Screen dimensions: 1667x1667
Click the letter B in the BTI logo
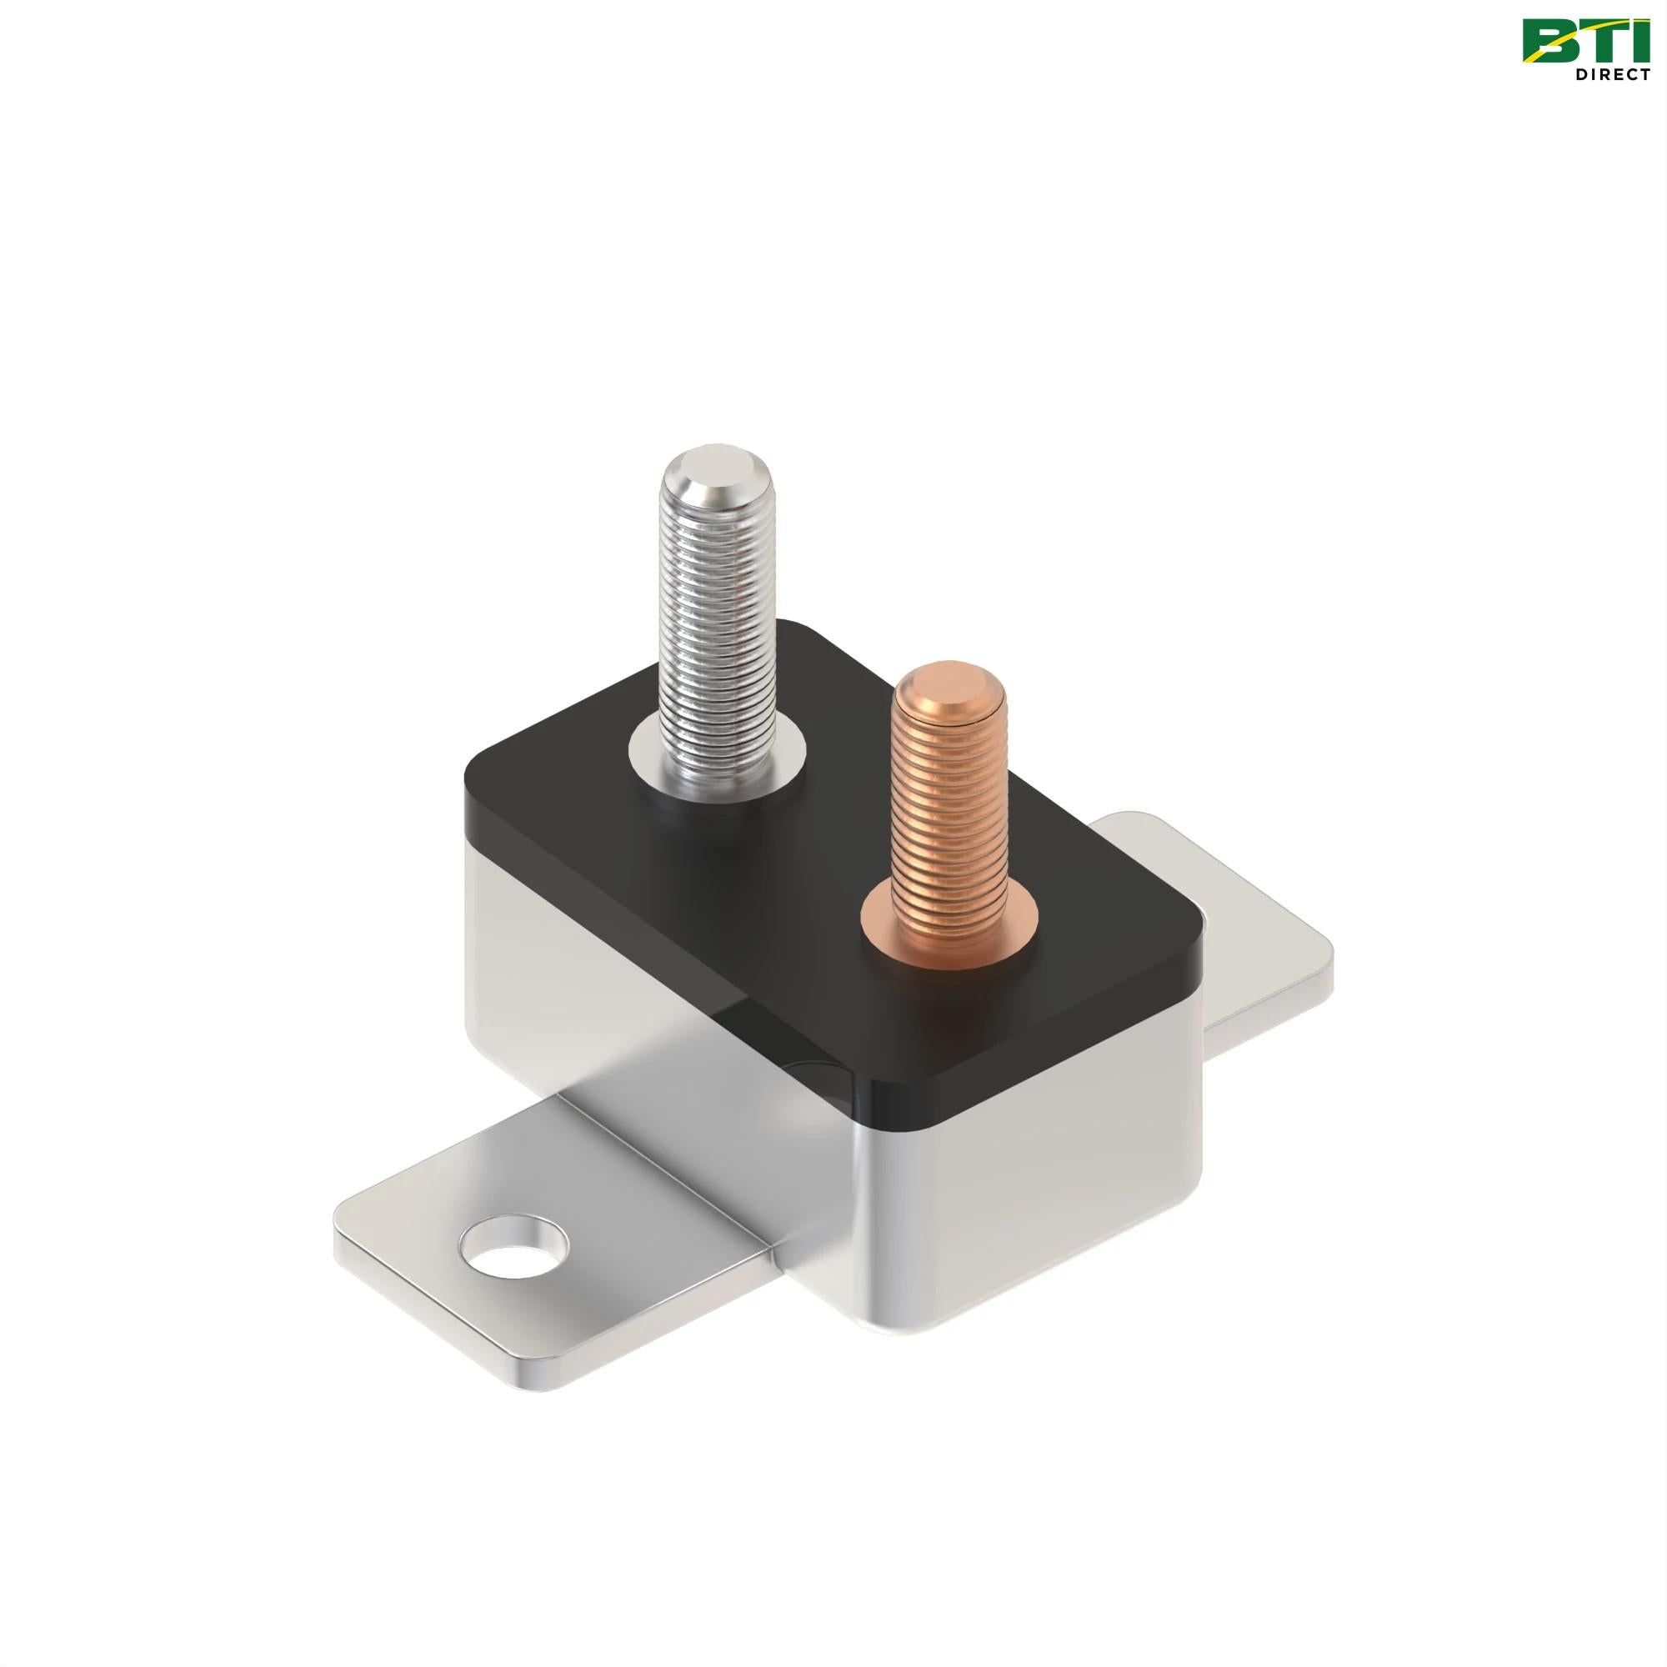coord(1549,43)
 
